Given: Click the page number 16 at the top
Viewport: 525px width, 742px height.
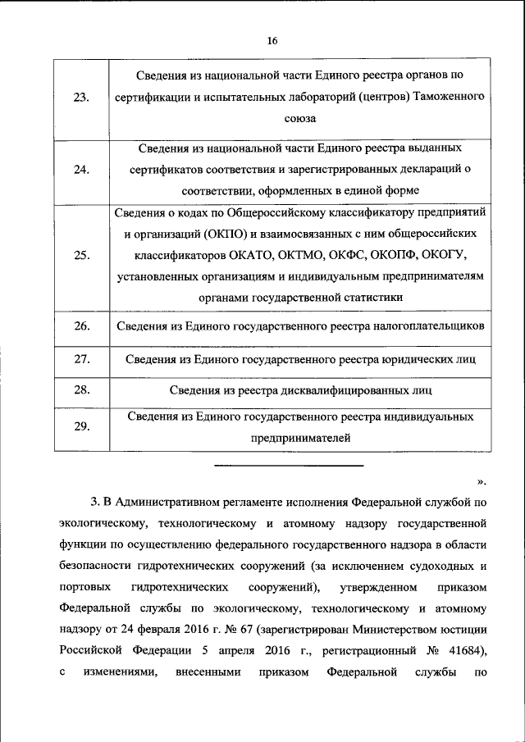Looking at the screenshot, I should pos(273,43).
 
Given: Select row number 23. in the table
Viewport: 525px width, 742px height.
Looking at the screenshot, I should pos(81,98).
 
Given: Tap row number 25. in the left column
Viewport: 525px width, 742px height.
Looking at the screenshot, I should pos(81,255).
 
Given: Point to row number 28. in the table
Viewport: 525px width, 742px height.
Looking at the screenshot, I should pos(81,389).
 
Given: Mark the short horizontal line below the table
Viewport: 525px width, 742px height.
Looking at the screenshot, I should pos(288,467).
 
